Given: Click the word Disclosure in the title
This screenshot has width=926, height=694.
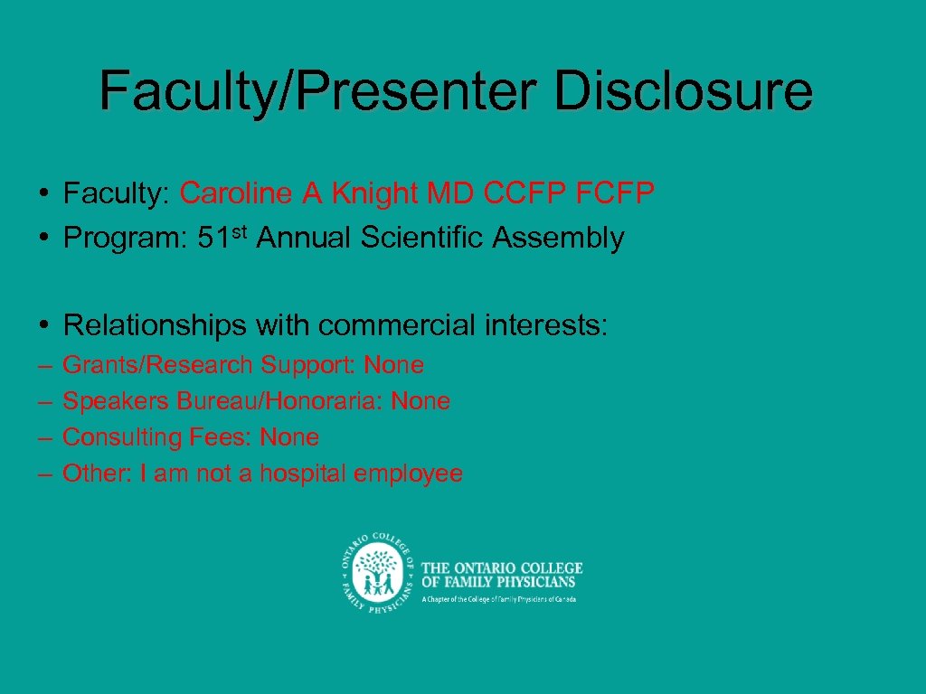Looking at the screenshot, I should pos(684,91).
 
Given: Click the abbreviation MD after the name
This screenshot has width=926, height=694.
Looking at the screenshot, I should pos(451,192).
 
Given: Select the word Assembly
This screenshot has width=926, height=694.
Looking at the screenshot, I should pos(557,239).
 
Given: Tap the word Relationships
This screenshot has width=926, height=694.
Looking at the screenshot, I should pos(156,324).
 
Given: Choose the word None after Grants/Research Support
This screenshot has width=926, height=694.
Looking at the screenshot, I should pos(393,365).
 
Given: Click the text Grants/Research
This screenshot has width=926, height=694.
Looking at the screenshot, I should pos(158,365).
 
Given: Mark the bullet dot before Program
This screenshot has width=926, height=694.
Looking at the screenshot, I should pos(43,239).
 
